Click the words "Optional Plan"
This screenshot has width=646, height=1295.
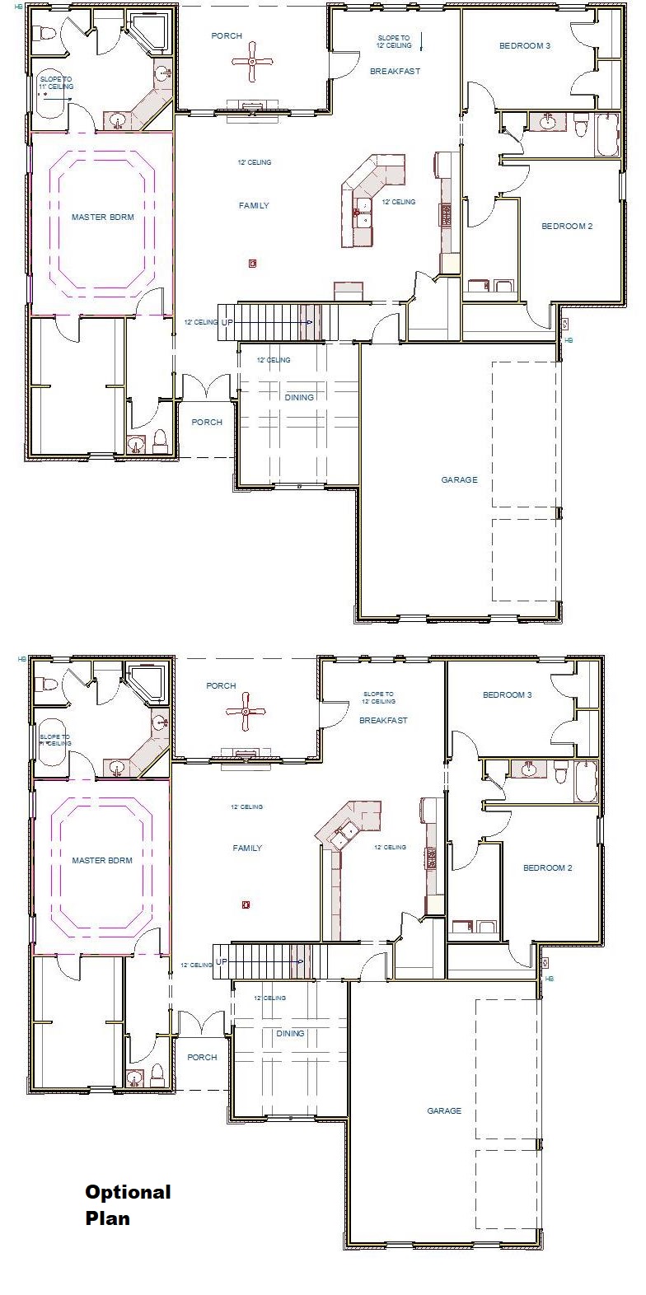point(128,1204)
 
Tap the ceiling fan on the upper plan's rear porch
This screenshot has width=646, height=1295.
point(252,62)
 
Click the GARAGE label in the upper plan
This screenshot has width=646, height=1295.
point(459,479)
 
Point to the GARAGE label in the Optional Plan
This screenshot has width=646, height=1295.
point(444,1110)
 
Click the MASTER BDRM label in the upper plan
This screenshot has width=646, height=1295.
point(102,217)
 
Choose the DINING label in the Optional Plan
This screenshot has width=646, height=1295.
point(289,1033)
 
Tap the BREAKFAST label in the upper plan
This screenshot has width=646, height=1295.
point(395,72)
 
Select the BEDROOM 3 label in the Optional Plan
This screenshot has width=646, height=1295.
point(507,695)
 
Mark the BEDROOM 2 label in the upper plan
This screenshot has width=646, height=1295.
point(566,226)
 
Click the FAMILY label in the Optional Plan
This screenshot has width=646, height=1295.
point(247,848)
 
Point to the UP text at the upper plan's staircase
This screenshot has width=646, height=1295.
point(227,322)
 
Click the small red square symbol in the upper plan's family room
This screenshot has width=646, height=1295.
point(253,264)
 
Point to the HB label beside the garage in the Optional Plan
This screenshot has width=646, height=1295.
point(550,979)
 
